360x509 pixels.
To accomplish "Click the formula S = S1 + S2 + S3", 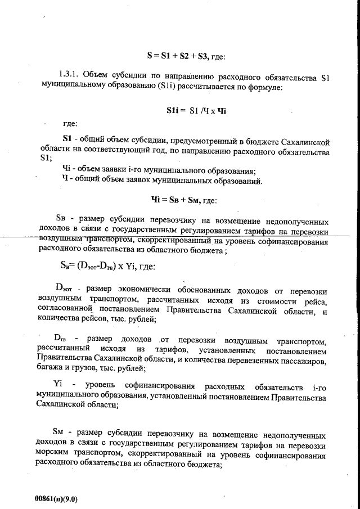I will click(176, 56).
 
